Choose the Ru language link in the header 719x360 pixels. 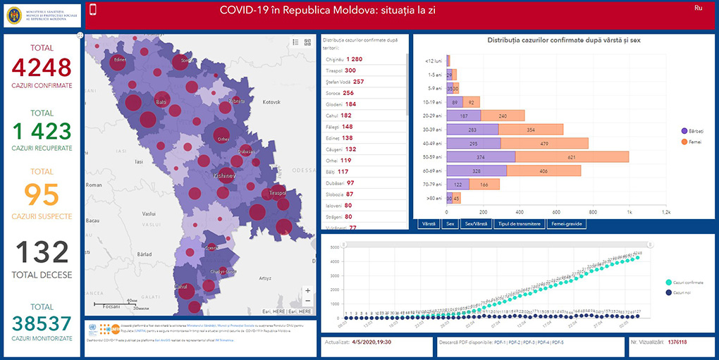point(698,8)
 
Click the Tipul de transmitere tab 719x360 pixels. point(519,224)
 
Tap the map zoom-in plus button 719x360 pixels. point(307,290)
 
